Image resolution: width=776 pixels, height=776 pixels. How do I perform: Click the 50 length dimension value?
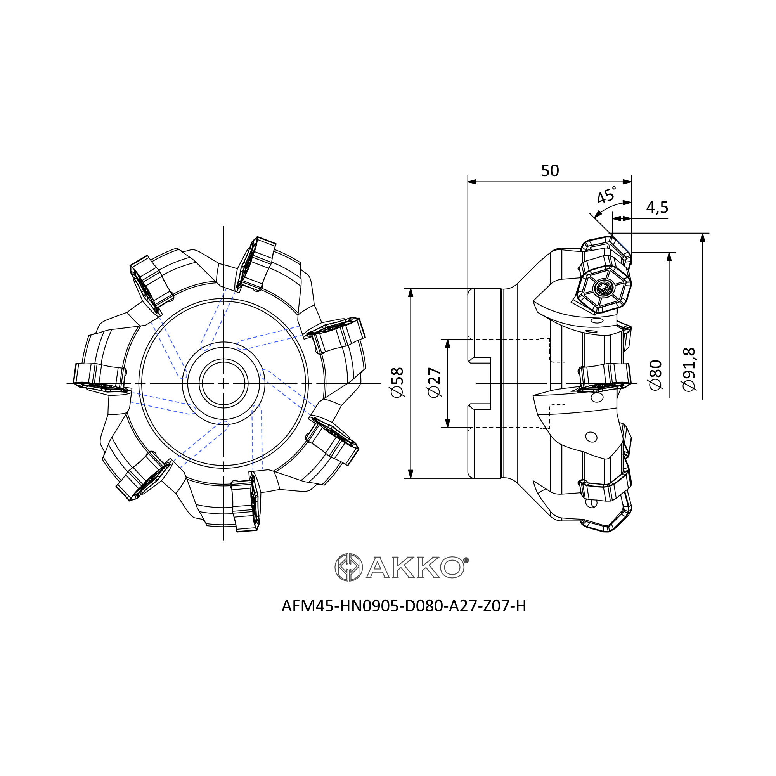click(x=550, y=171)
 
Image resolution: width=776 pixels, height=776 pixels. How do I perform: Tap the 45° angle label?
click(x=606, y=195)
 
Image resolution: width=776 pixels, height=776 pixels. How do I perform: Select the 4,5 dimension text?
click(x=657, y=207)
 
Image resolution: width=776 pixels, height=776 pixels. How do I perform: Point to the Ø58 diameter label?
click(x=397, y=382)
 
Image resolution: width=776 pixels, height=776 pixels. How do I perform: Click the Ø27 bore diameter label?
click(x=434, y=382)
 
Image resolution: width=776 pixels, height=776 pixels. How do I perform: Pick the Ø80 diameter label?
click(x=655, y=375)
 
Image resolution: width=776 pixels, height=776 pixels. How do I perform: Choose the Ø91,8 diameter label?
click(x=689, y=369)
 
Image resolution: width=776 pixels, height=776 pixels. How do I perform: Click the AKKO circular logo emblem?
click(x=349, y=568)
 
